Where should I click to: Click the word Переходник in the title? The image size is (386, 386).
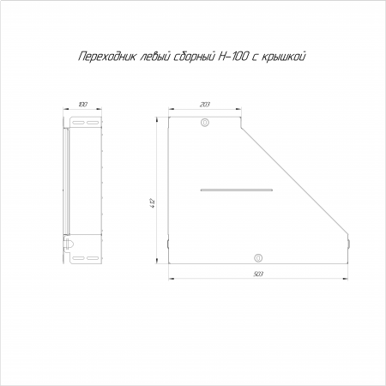[106, 57]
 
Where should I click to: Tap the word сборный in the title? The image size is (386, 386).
[194, 57]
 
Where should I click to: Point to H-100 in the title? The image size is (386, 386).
[232, 57]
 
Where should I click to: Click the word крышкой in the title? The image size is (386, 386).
[283, 57]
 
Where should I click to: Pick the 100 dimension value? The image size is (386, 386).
[82, 105]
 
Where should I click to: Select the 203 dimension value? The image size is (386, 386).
[205, 105]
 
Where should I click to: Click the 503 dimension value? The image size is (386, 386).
[258, 274]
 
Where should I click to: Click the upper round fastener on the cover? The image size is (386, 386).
[205, 123]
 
